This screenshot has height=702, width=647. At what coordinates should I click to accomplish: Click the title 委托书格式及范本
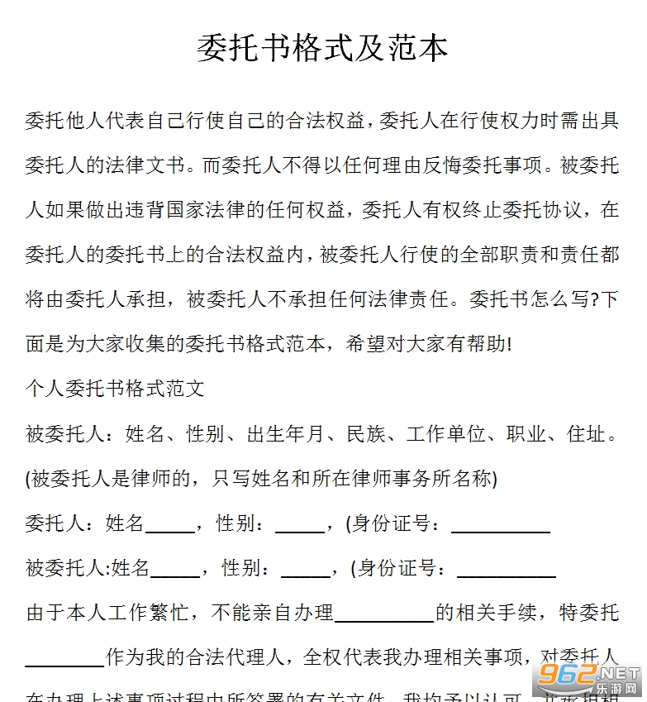322,48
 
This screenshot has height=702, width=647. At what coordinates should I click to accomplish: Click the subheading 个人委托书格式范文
115,389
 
